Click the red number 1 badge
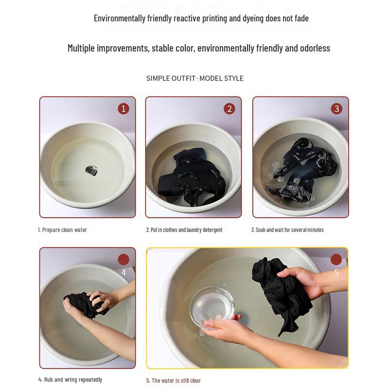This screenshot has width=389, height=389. [124, 108]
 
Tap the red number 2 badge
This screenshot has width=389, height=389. [229, 108]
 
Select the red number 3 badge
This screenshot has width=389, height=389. [336, 108]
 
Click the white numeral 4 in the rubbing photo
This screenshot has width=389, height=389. [124, 273]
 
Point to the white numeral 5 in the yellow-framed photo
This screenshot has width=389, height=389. [336, 272]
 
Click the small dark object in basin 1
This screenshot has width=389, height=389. [91, 171]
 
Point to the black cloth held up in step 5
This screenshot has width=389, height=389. [281, 293]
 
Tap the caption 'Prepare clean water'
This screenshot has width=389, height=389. [65, 230]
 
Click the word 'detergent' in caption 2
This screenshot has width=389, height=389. [212, 230]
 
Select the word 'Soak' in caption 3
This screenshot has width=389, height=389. [261, 230]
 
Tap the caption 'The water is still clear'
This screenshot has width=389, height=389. [176, 380]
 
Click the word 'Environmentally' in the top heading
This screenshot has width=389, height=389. [120, 18]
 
